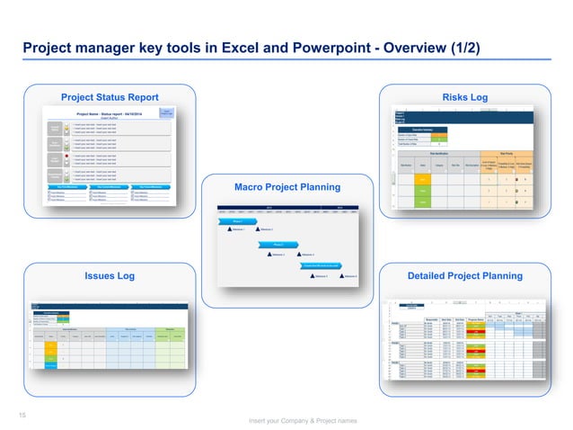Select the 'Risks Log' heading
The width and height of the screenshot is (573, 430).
tap(464, 97)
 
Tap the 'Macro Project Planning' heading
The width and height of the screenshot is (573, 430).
tap(286, 187)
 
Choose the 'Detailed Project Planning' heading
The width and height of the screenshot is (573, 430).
tap(465, 275)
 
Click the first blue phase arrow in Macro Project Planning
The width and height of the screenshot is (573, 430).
tap(238, 220)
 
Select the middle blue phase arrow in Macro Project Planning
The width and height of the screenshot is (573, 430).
tap(278, 244)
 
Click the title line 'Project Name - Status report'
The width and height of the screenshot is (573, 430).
tap(114, 113)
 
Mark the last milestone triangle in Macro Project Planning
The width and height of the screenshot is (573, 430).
tap(342, 276)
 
